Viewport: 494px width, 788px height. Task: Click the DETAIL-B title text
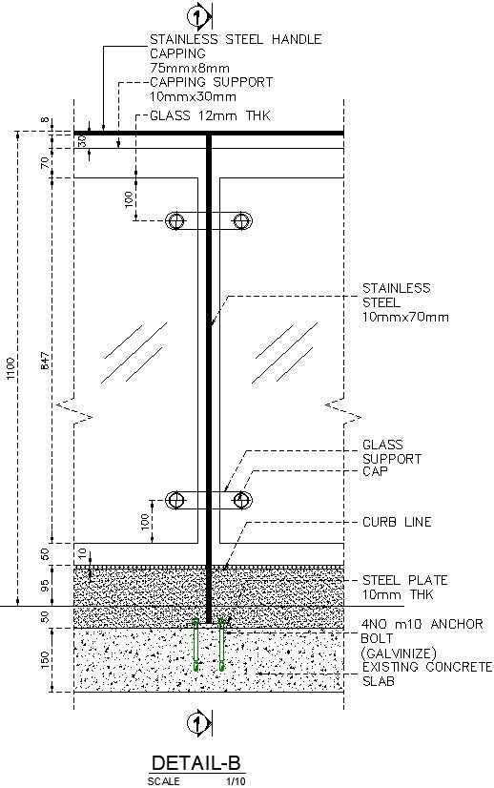pyautogui.click(x=197, y=763)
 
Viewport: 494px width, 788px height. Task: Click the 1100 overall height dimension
pyautogui.click(x=11, y=370)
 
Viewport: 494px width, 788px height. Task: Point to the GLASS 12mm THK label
pyautogui.click(x=211, y=115)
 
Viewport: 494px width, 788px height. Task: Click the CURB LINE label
pyautogui.click(x=397, y=522)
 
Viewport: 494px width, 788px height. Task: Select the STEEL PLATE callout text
pyautogui.click(x=404, y=580)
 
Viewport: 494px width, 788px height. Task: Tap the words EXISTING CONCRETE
pyautogui.click(x=426, y=666)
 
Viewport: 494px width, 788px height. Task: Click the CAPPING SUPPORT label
pyautogui.click(x=211, y=82)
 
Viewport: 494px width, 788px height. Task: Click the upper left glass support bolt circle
pyautogui.click(x=175, y=220)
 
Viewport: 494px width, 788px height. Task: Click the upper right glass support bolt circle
pyautogui.click(x=242, y=220)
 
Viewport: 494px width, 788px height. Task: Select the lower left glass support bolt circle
pyautogui.click(x=175, y=500)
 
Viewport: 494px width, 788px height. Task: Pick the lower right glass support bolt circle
pyautogui.click(x=242, y=500)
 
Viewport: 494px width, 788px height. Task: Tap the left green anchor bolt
pyautogui.click(x=196, y=645)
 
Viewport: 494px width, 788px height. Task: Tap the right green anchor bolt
pyautogui.click(x=222, y=645)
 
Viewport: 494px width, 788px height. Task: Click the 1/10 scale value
pyautogui.click(x=235, y=781)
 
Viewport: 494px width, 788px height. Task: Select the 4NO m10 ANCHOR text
pyautogui.click(x=422, y=624)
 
